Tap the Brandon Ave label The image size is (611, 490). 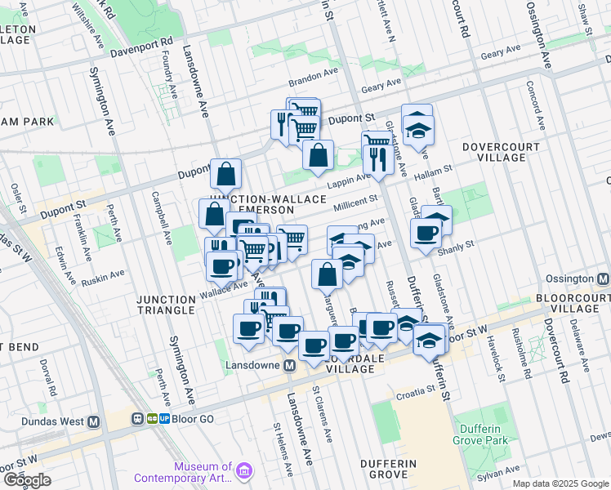[x=312, y=82]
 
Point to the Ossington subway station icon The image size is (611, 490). [x=603, y=278]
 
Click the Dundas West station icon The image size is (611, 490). [x=94, y=421]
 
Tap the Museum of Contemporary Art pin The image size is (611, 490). [x=246, y=470]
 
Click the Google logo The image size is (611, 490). [x=28, y=480]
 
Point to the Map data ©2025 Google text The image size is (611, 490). [x=560, y=483]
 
